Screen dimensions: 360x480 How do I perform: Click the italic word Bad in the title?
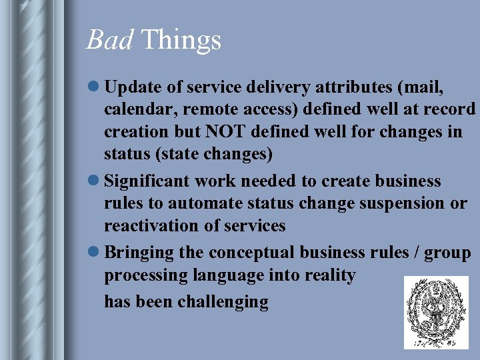pos(110,40)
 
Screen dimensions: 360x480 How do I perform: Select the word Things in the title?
pos(181,40)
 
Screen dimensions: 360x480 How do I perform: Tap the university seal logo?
pos(436,313)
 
